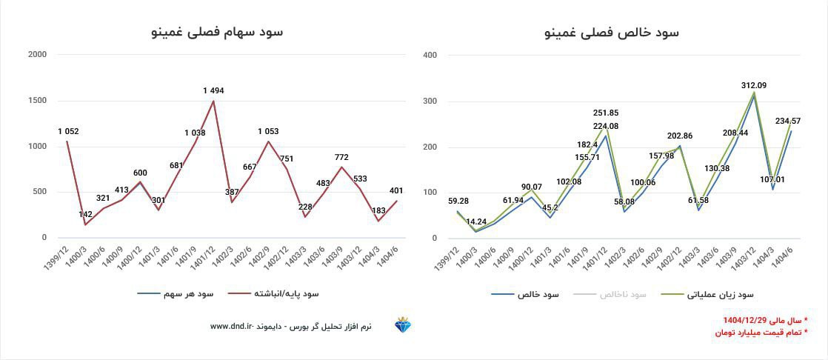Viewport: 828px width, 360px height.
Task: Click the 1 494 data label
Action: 213,90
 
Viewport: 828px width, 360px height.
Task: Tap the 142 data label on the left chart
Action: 86,215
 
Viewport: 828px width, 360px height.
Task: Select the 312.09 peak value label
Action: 753,85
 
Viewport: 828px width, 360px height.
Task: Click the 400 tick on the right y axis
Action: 430,55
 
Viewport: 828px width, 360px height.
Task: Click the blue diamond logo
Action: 404,326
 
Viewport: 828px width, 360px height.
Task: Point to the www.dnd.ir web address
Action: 232,326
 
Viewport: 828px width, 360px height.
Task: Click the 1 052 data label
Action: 68,132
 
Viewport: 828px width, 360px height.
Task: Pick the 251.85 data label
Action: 606,113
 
